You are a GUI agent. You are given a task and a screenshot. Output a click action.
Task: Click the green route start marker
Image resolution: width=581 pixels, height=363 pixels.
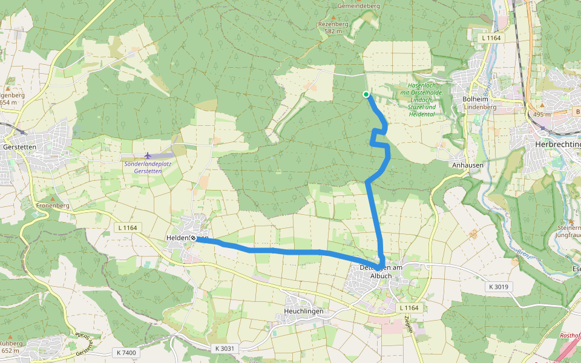[366, 94]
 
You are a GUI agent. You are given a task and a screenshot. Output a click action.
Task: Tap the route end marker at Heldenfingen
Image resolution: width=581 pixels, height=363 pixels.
[193, 238]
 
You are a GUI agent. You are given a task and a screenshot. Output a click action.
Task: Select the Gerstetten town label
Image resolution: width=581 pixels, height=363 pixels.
[19, 147]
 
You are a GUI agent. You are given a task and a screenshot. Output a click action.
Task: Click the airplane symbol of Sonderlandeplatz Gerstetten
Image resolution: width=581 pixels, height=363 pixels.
[148, 155]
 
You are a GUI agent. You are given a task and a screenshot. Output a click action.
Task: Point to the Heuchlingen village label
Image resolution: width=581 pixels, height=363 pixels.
[304, 311]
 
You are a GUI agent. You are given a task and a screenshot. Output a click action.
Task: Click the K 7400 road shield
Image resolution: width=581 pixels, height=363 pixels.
[125, 352]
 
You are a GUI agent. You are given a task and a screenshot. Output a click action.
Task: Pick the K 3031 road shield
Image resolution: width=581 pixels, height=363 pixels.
[224, 348]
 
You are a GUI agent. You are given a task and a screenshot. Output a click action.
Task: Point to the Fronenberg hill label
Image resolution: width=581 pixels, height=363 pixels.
[53, 206]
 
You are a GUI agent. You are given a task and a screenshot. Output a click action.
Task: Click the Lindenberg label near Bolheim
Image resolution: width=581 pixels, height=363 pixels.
[480, 107]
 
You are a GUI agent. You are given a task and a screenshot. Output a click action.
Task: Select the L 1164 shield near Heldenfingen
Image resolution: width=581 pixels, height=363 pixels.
[126, 227]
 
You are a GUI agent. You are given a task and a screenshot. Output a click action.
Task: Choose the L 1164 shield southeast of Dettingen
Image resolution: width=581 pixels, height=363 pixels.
[409, 308]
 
